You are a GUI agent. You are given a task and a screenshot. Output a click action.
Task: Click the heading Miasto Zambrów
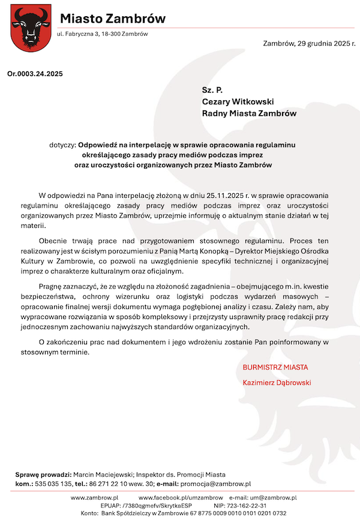coord(112,19)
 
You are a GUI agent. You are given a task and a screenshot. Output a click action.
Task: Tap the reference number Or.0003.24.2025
coord(34,74)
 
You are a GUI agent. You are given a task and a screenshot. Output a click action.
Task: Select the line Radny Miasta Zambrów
coord(248,112)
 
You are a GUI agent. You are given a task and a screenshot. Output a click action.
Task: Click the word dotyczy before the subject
coord(63,145)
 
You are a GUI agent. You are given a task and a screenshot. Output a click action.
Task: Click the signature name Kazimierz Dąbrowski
coord(277,382)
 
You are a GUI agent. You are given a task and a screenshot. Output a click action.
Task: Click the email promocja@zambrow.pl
coord(216,483)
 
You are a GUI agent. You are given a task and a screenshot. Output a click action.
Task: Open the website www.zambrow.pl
coord(95,498)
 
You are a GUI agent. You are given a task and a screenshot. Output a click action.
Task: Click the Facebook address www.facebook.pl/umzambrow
coord(181,498)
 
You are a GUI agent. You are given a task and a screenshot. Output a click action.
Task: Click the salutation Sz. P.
coord(212,90)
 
